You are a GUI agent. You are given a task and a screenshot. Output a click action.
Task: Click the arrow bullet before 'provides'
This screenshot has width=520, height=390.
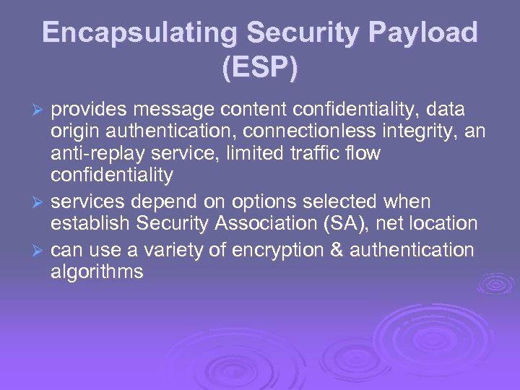pos(40,110)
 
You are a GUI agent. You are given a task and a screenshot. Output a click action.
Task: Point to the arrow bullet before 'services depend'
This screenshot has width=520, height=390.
pos(40,203)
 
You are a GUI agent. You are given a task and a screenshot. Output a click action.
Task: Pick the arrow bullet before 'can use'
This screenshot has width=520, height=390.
pos(40,250)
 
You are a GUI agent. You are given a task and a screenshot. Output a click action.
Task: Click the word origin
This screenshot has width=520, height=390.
pos(72,131)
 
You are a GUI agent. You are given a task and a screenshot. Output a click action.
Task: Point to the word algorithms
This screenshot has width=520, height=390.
pos(97,272)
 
